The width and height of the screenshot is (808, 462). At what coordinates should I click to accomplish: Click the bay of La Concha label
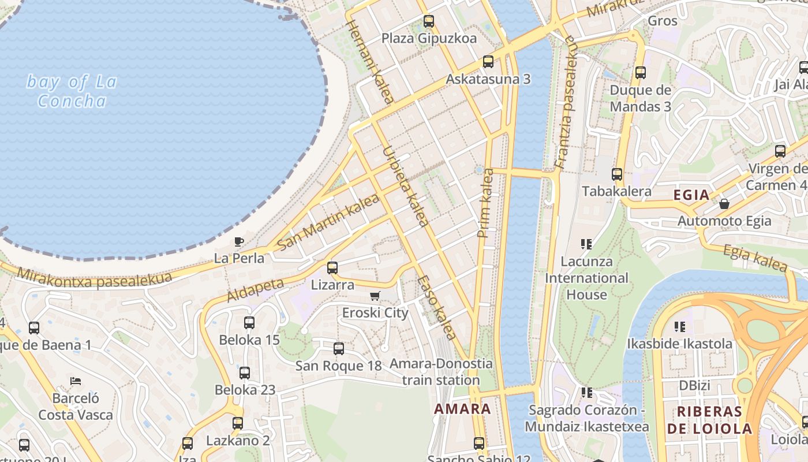(x=72, y=91)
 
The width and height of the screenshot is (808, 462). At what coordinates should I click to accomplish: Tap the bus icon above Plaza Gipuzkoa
(x=429, y=22)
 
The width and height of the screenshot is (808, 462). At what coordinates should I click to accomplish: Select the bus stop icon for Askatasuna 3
(x=488, y=62)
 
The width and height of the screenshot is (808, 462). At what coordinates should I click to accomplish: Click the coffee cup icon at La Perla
(x=239, y=241)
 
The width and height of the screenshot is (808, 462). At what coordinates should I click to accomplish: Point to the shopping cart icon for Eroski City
(x=375, y=296)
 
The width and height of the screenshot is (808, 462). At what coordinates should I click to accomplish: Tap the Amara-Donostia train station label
(x=441, y=372)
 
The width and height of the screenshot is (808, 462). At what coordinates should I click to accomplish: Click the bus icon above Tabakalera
(x=617, y=174)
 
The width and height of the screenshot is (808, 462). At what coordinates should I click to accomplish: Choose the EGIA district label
(x=691, y=195)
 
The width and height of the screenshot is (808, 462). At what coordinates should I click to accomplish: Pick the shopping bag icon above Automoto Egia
(x=724, y=204)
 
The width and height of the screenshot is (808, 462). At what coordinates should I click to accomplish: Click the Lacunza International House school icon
(x=586, y=244)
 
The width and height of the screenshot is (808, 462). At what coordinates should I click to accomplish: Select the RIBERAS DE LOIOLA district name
(x=709, y=420)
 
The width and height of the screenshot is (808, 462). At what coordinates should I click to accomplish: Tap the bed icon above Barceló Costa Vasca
(x=76, y=381)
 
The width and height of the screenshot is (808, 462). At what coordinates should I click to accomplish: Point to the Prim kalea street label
(x=486, y=203)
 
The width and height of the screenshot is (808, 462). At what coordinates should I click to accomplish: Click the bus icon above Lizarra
(x=332, y=268)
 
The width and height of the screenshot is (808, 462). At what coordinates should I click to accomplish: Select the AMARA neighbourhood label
(x=462, y=409)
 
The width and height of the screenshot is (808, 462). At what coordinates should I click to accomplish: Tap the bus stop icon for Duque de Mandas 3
(x=641, y=73)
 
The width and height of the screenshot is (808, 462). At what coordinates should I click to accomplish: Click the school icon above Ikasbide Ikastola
(x=680, y=327)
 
